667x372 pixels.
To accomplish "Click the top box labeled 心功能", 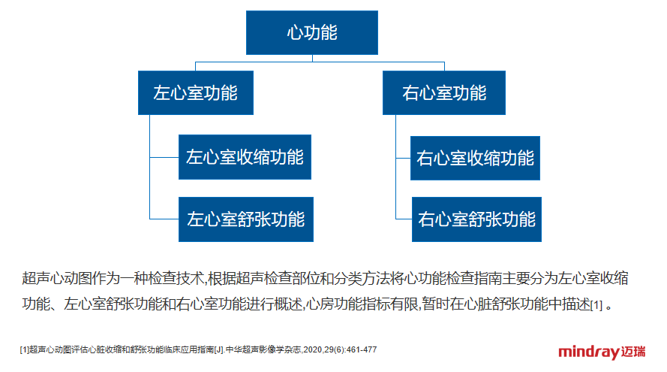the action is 312,33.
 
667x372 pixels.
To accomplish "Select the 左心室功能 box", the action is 196,93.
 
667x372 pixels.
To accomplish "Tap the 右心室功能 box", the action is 444,93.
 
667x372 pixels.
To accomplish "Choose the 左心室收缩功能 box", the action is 245,157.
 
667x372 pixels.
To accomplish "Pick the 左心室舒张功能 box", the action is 246,219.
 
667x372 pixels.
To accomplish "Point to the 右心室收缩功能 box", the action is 475,158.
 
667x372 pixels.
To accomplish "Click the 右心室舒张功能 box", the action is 476,219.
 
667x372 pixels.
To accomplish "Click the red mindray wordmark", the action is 589,352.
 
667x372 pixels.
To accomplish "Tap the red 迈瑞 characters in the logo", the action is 633,352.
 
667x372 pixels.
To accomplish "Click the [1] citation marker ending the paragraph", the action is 596,305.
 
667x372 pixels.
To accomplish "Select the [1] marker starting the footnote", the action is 24,350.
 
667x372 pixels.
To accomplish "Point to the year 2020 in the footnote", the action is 313,350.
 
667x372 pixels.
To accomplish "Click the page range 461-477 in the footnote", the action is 362,350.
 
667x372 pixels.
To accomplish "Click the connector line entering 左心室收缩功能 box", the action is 164,157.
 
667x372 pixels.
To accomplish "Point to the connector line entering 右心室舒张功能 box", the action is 404,219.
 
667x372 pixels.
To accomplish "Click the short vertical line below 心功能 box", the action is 312,59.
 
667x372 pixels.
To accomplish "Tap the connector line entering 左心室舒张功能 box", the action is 164,219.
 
